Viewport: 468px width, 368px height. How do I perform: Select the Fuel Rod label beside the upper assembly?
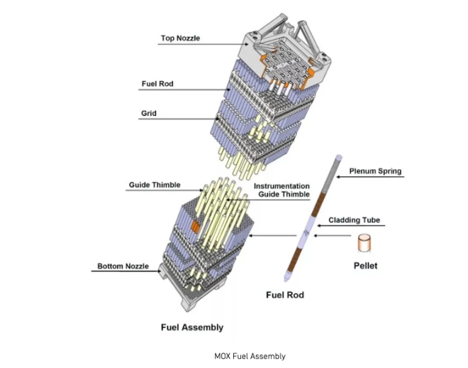[157, 84]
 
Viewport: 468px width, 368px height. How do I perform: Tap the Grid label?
[148, 113]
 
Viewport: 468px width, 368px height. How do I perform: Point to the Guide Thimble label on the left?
[155, 185]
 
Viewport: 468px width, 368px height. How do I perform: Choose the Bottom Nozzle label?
[123, 266]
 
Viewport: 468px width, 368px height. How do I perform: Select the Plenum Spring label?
[375, 171]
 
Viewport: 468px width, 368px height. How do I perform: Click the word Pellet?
[366, 266]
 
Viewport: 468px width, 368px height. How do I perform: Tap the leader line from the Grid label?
[177, 118]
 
